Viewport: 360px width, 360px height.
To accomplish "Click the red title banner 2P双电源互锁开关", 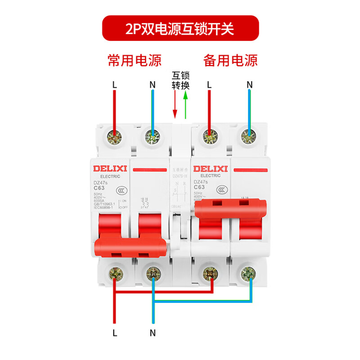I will tap(180, 29).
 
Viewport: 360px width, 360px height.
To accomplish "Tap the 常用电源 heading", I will tap(134, 61).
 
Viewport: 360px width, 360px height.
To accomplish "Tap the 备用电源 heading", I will tap(230, 61).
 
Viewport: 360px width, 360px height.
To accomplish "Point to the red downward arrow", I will tap(175, 106).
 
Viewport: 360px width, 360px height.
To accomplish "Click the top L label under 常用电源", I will tap(115, 84).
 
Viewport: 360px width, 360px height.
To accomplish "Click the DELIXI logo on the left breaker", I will tap(110, 169).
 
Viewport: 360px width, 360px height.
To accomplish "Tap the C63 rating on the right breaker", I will tap(199, 188).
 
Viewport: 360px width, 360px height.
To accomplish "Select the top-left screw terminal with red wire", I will tap(115, 135).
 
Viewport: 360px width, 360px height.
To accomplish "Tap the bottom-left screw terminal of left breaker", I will tap(115, 272).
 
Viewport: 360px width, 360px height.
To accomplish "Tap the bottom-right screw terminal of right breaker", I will tap(247, 272).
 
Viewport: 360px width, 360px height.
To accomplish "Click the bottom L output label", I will tap(115, 333).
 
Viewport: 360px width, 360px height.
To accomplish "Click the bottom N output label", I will tap(153, 333).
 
